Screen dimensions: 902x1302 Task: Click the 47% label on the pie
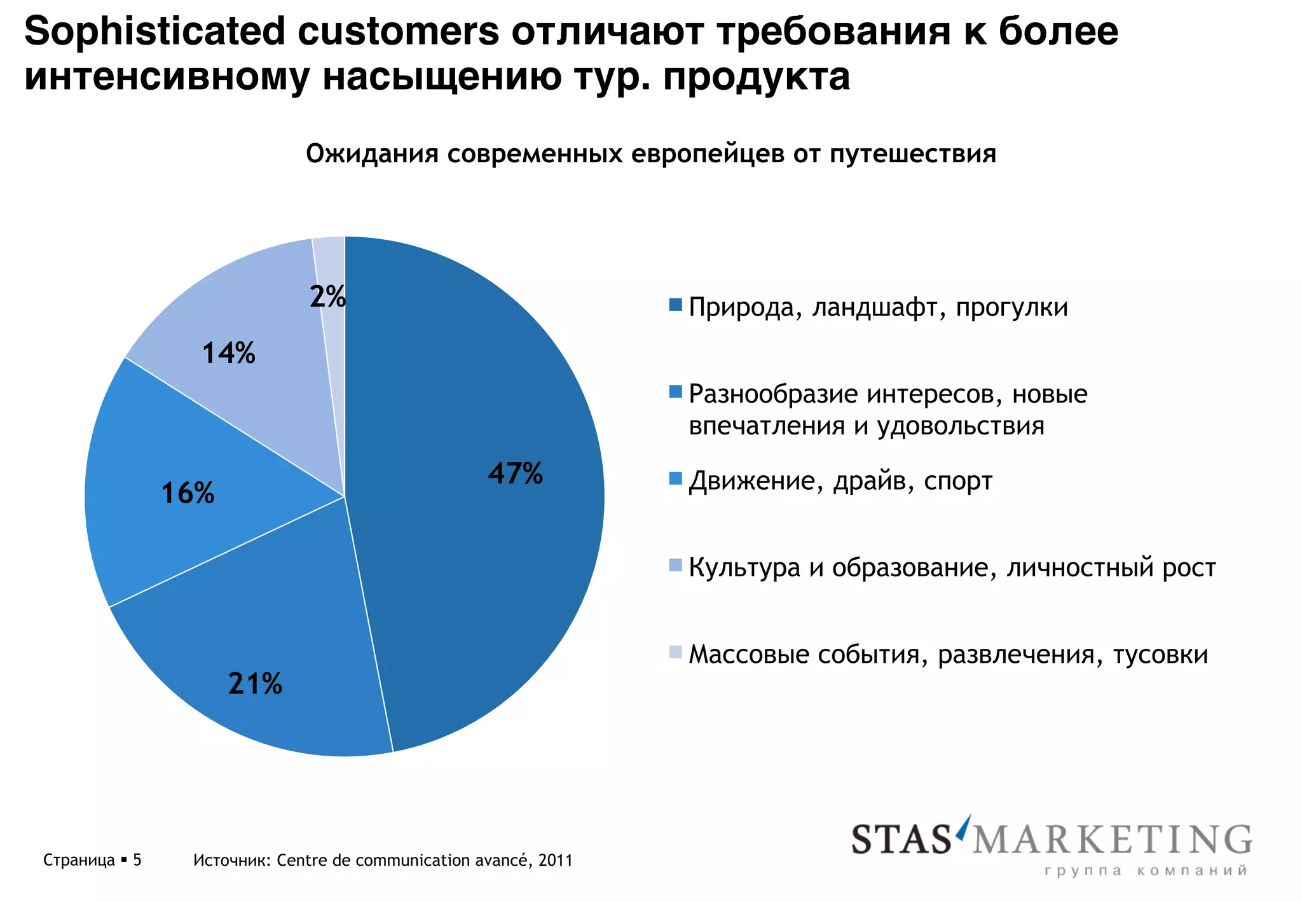516,473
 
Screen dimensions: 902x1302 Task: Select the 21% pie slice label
255,684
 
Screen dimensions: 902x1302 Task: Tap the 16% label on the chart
188,493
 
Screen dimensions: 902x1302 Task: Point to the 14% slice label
229,353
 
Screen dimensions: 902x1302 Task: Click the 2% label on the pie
327,296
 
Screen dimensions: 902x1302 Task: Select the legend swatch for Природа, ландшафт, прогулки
675,305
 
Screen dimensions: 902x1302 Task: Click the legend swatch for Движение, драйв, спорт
675,478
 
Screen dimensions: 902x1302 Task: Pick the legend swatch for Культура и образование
675,565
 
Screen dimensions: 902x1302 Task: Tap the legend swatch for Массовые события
675,652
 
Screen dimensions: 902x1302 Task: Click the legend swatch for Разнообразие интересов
675,392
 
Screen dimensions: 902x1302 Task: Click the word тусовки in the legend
1160,655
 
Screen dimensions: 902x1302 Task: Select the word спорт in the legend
958,482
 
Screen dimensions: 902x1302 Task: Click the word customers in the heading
399,32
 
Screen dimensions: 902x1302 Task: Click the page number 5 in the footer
137,860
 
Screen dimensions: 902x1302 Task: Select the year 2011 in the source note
555,860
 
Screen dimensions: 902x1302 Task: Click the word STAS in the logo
901,840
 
